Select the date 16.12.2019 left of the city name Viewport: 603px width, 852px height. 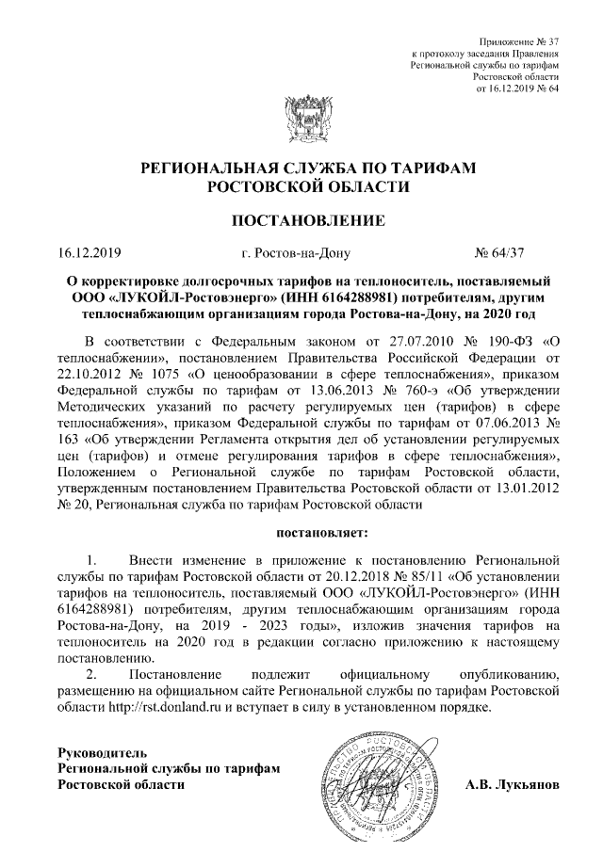pos(84,252)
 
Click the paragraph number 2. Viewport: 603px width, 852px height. pos(90,675)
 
